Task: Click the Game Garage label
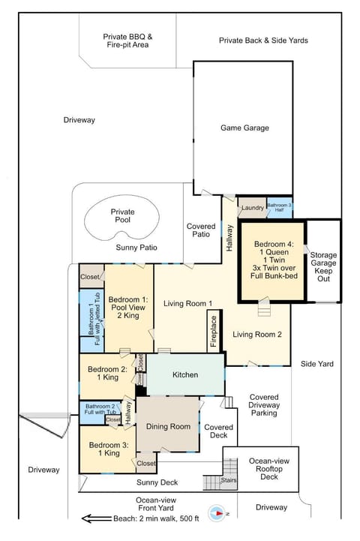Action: point(244,128)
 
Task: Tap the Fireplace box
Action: point(212,329)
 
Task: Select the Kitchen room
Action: point(185,374)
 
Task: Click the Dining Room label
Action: point(168,426)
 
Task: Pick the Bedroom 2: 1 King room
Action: point(107,374)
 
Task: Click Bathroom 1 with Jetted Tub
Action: point(91,320)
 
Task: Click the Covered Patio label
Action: point(200,230)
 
